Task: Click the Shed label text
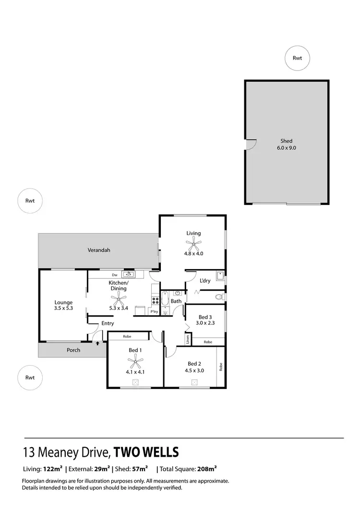(x=287, y=141)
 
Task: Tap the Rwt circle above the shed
(x=298, y=58)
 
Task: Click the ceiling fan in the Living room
(x=194, y=242)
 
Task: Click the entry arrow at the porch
(x=98, y=343)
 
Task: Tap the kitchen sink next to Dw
(x=129, y=274)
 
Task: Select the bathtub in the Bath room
(x=165, y=300)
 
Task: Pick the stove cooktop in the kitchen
(x=155, y=301)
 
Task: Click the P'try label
(x=154, y=312)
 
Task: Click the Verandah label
(x=99, y=250)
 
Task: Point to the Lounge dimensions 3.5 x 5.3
(x=63, y=308)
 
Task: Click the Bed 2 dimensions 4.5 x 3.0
(x=195, y=370)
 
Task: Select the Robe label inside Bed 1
(x=127, y=336)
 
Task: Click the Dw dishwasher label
(x=115, y=274)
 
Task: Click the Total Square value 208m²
(x=207, y=469)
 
